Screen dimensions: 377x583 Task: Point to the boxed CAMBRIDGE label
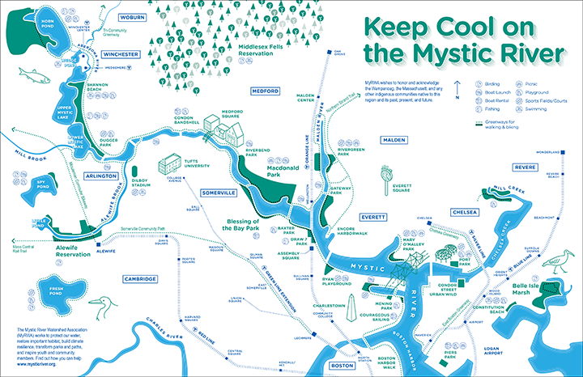click(x=136, y=278)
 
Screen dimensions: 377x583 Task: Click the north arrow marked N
click(x=458, y=87)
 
